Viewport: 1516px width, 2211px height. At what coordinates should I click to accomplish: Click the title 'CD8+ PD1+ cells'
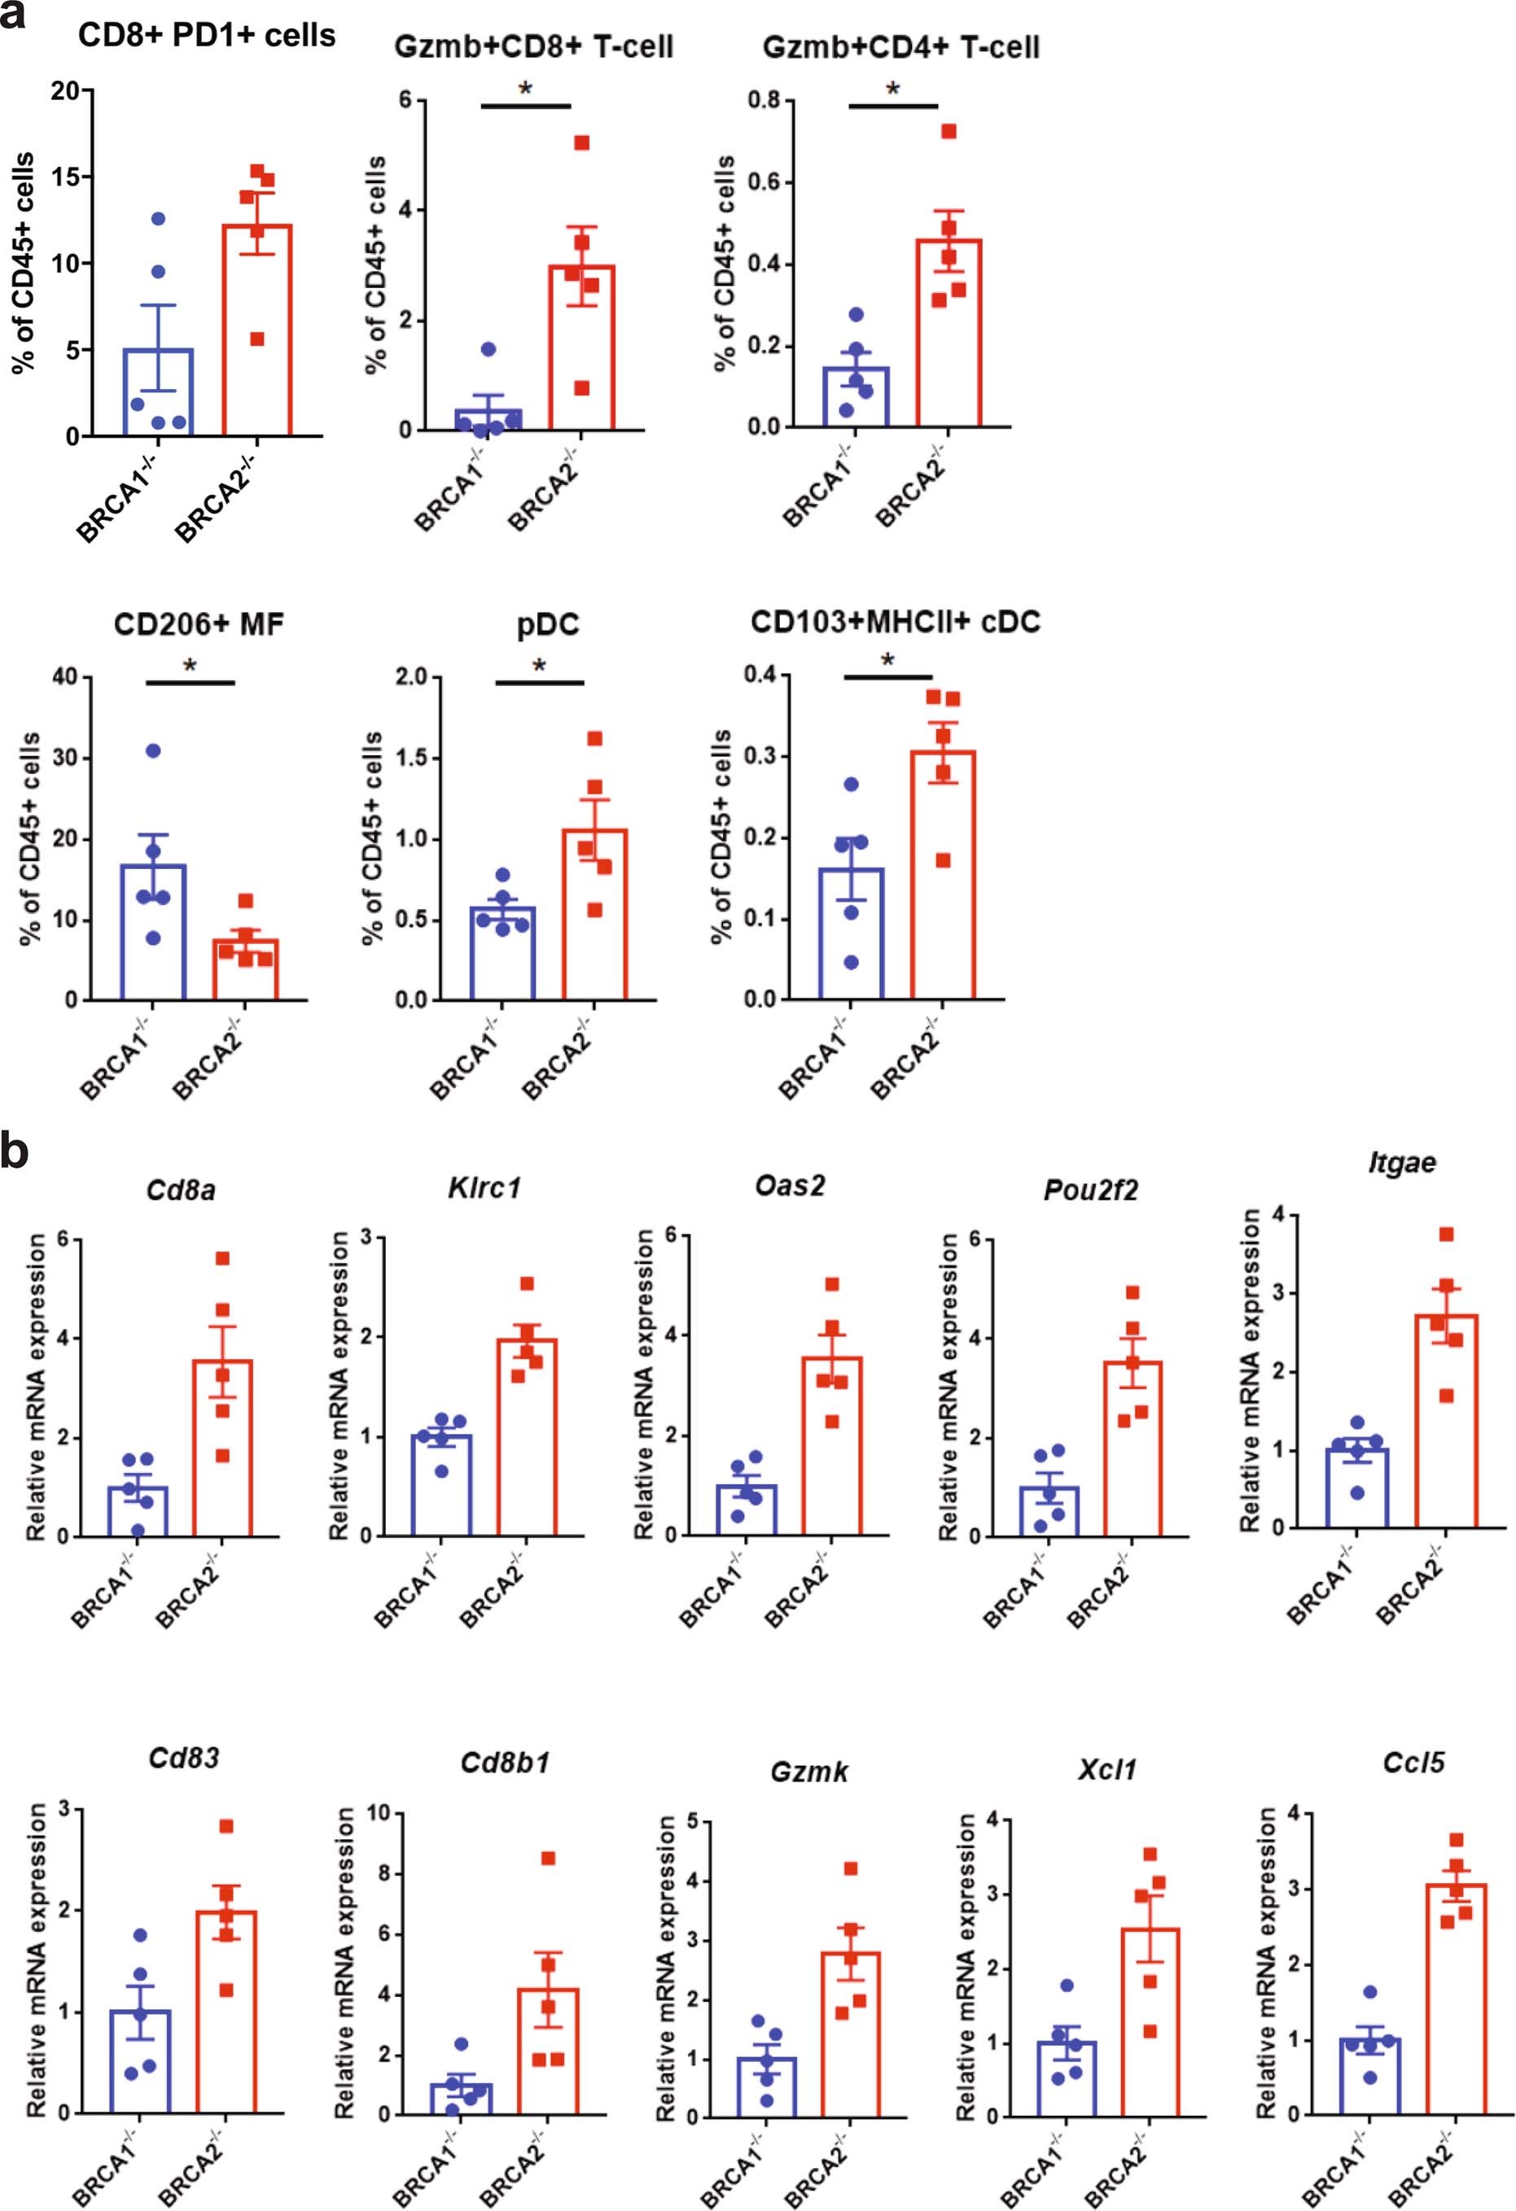(207, 36)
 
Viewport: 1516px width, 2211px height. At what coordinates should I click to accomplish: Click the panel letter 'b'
(15, 1153)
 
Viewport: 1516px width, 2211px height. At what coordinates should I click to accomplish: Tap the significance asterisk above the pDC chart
(540, 666)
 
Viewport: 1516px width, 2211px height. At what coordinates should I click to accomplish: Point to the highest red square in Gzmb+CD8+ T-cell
(581, 142)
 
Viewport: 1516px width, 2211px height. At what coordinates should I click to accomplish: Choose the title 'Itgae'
(1402, 1163)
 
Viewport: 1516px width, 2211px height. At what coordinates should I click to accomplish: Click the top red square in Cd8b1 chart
(548, 1858)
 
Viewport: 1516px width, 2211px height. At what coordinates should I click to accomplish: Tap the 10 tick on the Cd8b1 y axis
(378, 1813)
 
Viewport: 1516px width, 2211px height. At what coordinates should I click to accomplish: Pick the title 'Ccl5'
(1413, 1762)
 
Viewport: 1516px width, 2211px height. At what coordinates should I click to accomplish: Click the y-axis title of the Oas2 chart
(644, 1385)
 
